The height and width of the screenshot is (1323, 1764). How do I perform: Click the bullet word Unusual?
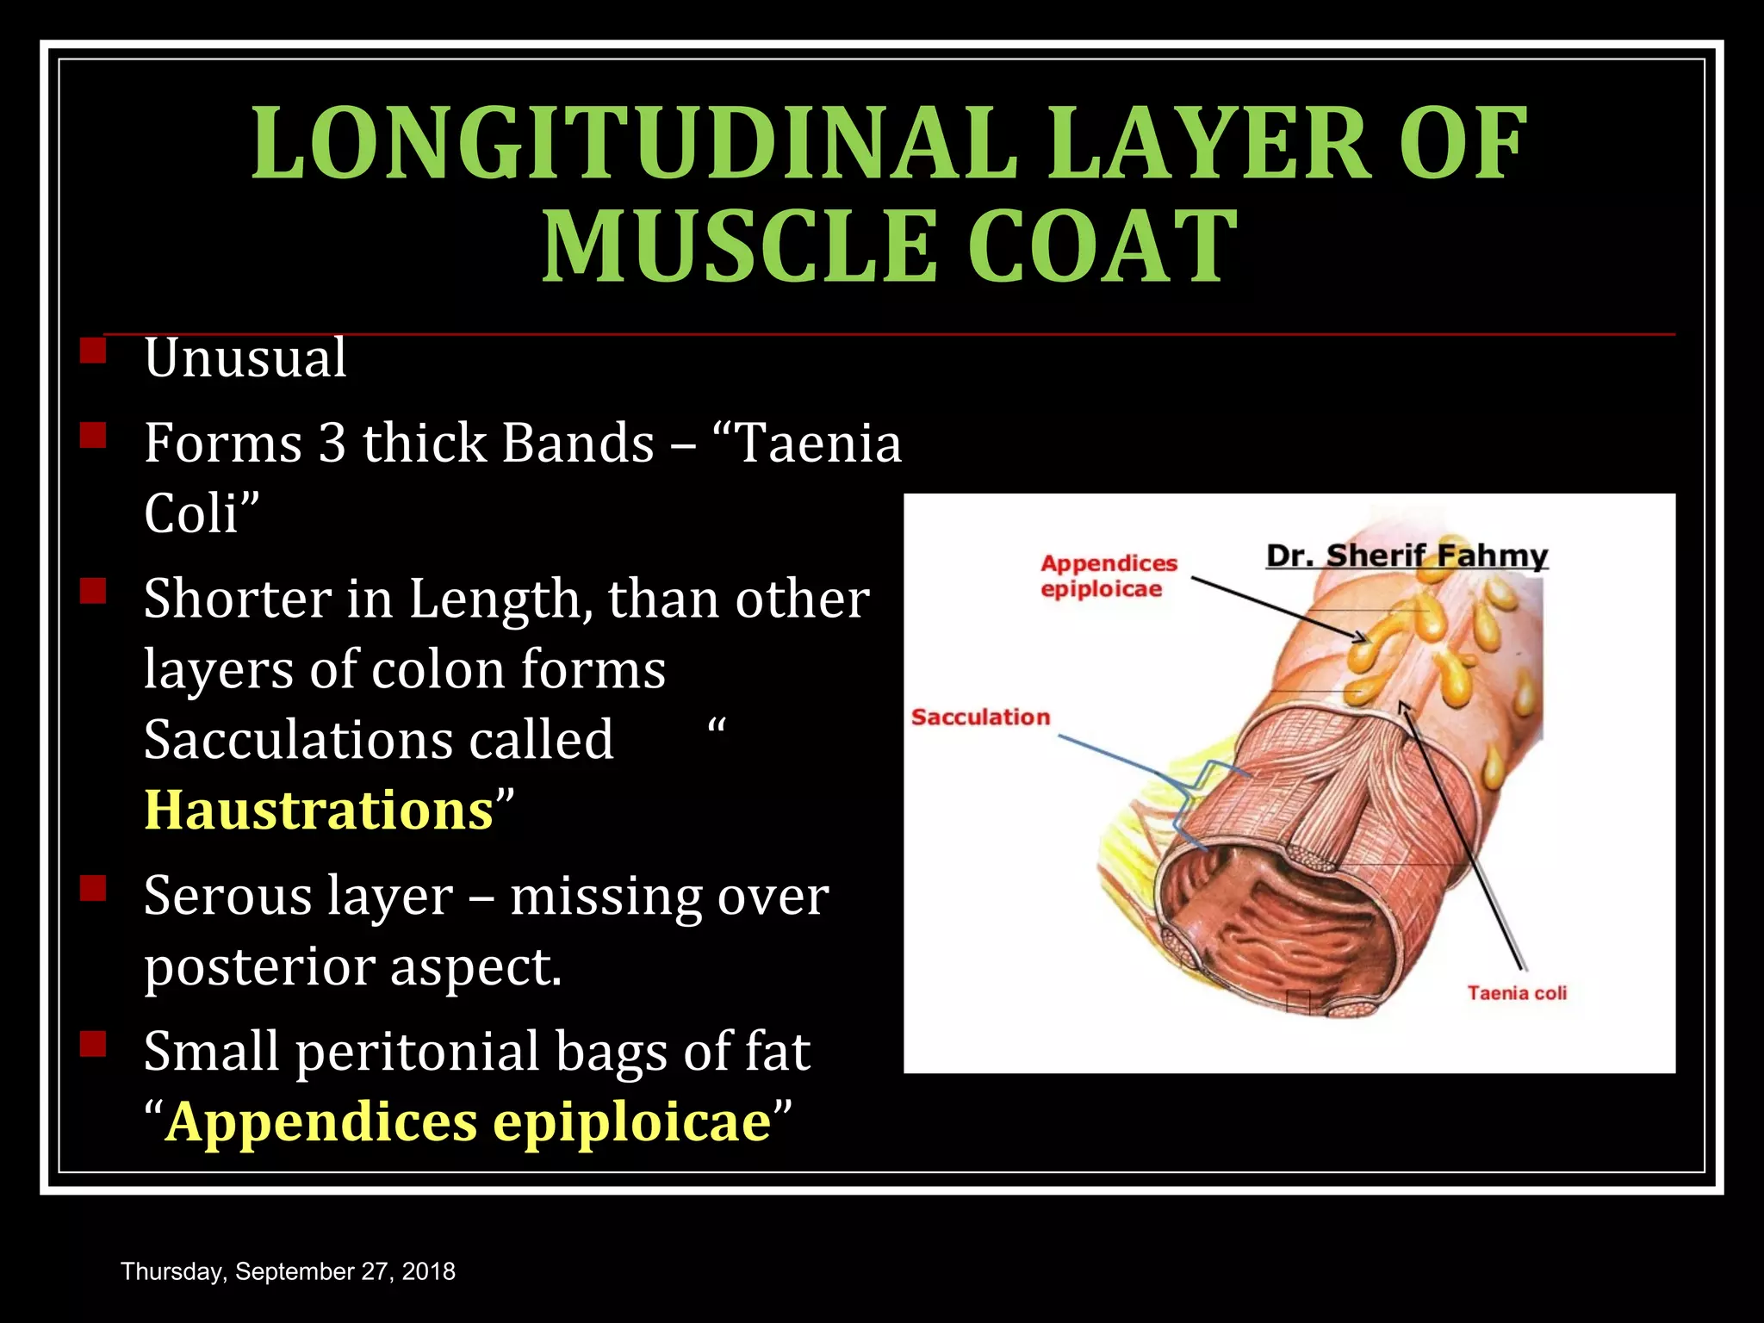point(245,357)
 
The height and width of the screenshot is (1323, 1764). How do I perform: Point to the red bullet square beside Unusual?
point(92,351)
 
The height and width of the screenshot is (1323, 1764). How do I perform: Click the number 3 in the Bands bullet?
point(332,444)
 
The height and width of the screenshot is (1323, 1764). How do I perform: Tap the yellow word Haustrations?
point(319,811)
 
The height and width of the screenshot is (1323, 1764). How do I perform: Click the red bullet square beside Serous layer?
point(92,888)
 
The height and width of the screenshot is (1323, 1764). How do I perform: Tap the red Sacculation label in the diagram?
point(981,717)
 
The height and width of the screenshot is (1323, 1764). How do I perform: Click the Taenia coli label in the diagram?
point(1517,993)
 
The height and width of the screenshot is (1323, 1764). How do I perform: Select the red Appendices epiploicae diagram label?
point(1108,575)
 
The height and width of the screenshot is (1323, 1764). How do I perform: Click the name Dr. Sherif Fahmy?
point(1407,556)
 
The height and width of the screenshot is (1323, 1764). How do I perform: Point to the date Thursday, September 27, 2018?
point(289,1271)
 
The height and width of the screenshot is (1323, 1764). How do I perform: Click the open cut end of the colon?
point(1275,930)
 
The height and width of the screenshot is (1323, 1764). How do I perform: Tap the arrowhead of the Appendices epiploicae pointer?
point(1361,638)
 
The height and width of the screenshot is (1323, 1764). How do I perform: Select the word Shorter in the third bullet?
point(237,599)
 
